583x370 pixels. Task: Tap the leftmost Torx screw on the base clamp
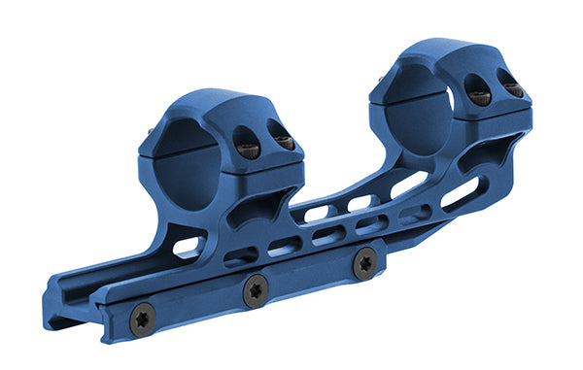tap(143, 320)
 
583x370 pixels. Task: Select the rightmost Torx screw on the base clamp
tap(363, 262)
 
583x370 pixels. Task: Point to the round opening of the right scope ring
tap(419, 103)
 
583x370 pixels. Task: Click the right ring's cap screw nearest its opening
tap(480, 95)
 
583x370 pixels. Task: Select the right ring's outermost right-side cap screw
tap(513, 90)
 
